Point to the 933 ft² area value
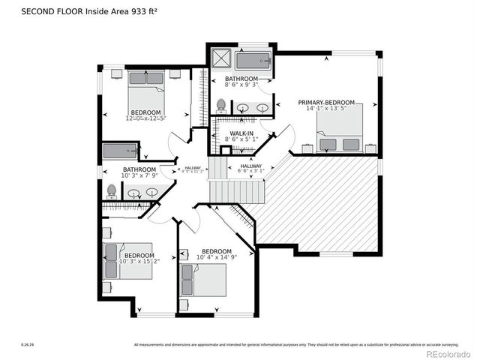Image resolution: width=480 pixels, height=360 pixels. coord(142,11)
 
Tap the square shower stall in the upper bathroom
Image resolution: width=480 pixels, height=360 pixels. coord(220,59)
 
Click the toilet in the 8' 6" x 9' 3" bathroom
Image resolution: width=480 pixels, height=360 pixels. coord(221,106)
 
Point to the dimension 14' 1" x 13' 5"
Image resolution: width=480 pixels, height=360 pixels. coord(325,109)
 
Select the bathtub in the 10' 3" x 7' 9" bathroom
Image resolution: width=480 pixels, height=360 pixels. coord(121,151)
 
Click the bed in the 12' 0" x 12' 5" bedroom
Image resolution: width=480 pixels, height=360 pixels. coord(146,91)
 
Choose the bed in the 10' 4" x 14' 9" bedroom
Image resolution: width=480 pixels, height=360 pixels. coord(202,280)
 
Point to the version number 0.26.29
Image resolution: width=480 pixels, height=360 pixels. coord(27,345)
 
